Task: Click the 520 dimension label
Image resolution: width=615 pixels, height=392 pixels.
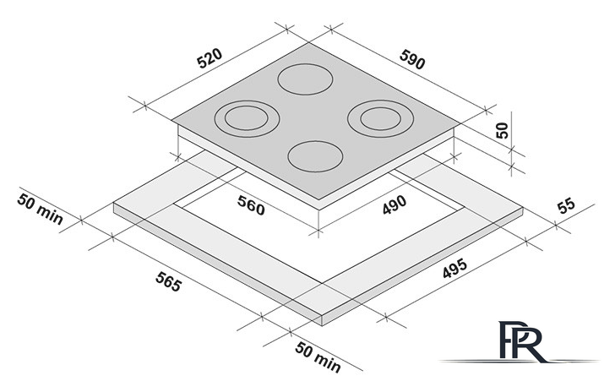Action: click(210, 58)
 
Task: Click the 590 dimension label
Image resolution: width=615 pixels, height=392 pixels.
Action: click(412, 60)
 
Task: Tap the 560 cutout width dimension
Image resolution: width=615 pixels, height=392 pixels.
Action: click(251, 205)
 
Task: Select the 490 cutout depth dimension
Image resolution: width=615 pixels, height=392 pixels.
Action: click(395, 204)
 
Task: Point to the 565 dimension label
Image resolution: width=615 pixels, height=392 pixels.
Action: click(169, 281)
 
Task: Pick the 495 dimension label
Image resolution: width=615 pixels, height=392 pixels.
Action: click(455, 268)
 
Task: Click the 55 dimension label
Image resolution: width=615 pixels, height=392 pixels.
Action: click(566, 205)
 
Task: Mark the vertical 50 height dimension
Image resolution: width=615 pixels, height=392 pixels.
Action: click(502, 130)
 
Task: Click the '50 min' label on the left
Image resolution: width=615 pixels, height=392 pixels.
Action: click(40, 210)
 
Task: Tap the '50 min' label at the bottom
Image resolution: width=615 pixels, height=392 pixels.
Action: click(318, 357)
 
